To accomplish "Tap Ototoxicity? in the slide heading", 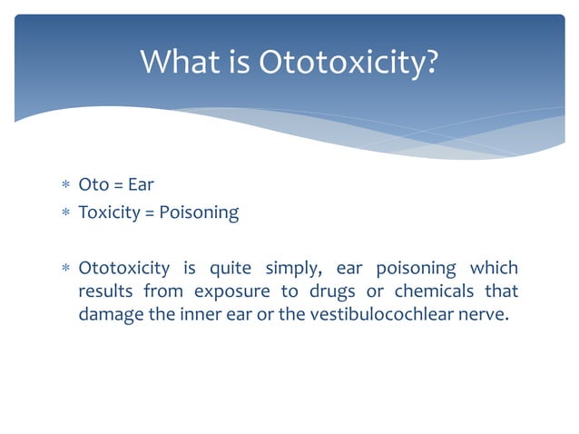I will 349,63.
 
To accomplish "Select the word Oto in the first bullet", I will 93,185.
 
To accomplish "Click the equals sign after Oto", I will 118,185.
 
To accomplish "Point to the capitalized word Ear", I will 141,185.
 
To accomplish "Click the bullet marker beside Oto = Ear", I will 64,186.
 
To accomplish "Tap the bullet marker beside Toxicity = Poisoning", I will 64,213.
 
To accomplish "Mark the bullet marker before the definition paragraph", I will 64,269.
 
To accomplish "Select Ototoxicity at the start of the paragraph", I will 124,268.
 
